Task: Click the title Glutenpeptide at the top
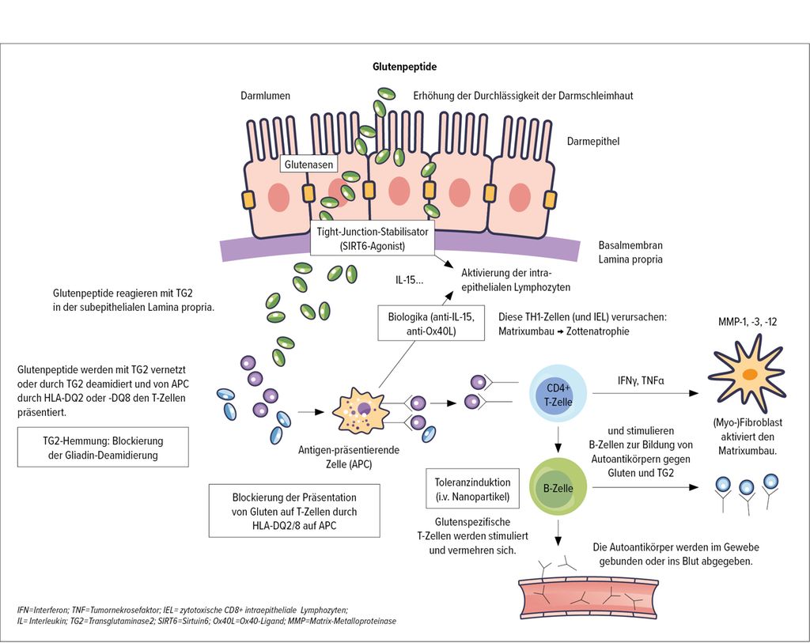point(404,67)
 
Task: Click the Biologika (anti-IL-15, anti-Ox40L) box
point(431,325)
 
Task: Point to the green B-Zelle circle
point(558,488)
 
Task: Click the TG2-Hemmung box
point(103,447)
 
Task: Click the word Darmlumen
point(266,96)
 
